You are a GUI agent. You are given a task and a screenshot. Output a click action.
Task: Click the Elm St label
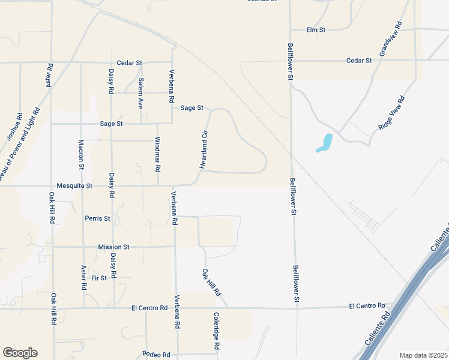(x=315, y=29)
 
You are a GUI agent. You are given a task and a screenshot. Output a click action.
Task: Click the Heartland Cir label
(x=204, y=149)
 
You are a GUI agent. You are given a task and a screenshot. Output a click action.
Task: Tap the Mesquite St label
(x=74, y=186)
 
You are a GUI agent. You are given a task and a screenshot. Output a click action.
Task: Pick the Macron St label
(x=82, y=154)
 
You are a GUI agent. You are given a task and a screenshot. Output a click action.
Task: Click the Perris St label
(x=98, y=218)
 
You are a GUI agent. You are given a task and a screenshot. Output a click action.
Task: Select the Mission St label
(x=114, y=247)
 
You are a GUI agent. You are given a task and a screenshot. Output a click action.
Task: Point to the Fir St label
(x=99, y=278)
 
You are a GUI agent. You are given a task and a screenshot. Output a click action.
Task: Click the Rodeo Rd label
(x=157, y=355)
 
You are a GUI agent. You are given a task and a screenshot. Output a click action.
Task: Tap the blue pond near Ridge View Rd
(x=325, y=143)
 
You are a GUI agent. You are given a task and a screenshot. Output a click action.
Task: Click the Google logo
(x=20, y=353)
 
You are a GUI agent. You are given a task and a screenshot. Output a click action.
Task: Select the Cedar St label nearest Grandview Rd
(x=360, y=61)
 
